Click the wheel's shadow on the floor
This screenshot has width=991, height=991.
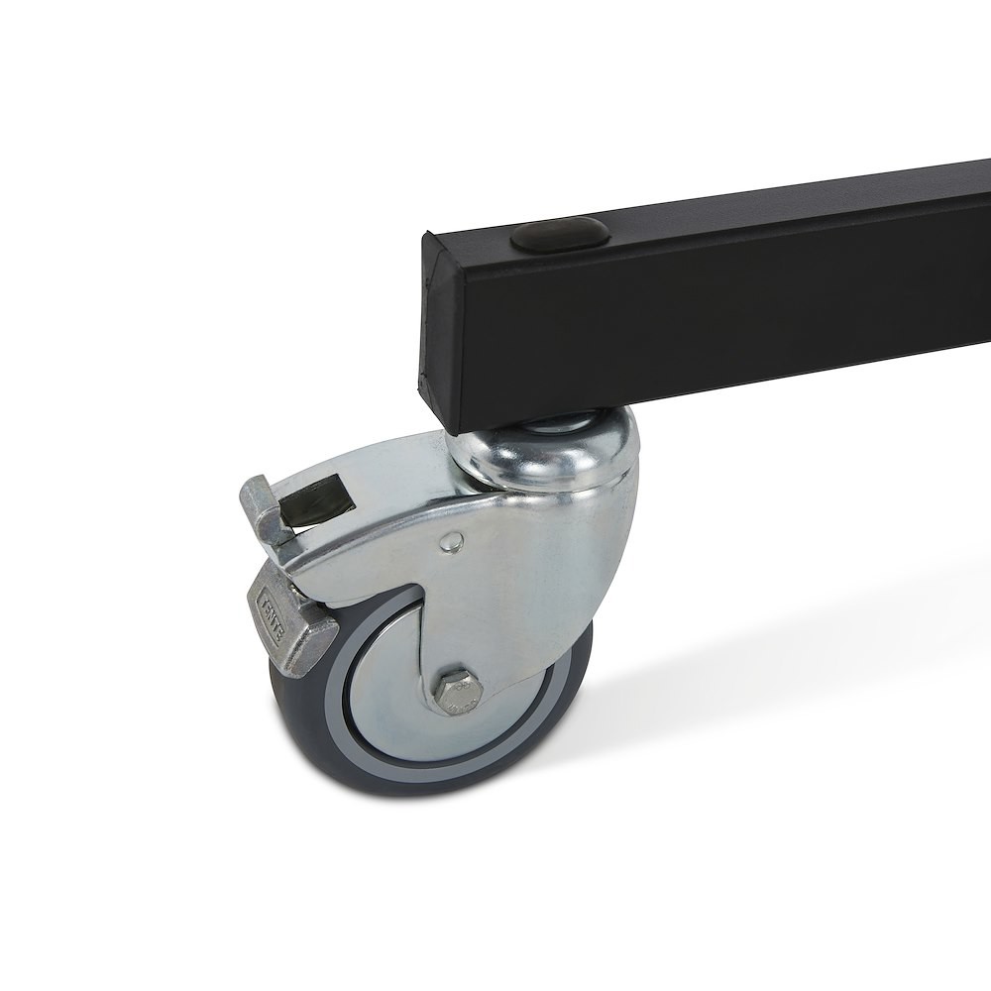[674, 714]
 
